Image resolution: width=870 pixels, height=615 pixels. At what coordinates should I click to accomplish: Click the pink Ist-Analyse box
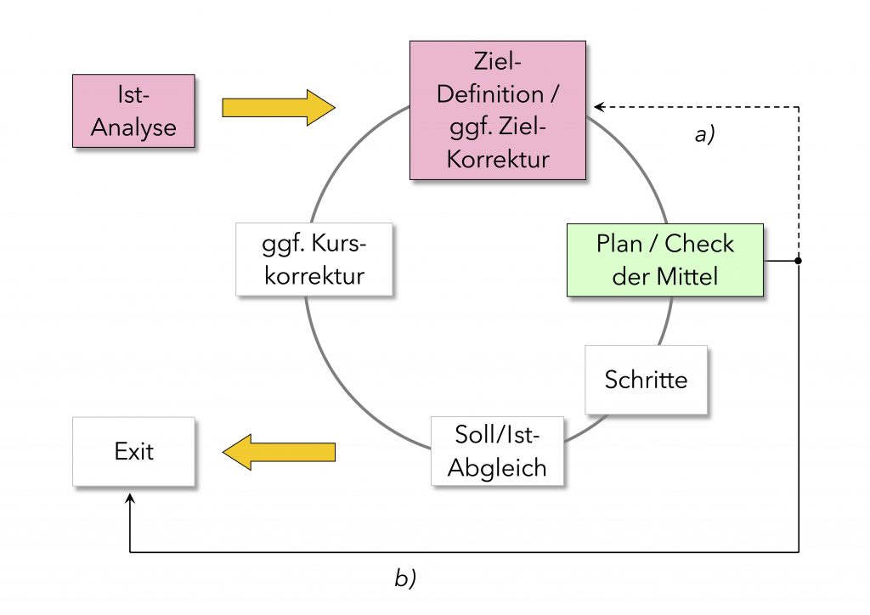tap(133, 110)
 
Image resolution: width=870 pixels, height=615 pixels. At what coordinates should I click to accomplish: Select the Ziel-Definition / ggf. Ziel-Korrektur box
tap(497, 110)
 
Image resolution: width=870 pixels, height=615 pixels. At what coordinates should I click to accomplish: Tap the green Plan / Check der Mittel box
tap(665, 260)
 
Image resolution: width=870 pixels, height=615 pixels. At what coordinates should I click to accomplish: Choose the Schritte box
tap(646, 379)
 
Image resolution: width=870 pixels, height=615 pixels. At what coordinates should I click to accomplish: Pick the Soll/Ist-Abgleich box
tap(497, 451)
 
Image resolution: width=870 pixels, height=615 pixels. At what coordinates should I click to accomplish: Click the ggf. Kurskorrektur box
tap(314, 259)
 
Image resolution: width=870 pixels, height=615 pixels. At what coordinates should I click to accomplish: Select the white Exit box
tap(133, 451)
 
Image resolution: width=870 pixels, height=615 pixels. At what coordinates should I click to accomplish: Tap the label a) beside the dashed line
tap(704, 134)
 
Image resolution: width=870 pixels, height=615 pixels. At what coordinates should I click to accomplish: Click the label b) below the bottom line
tap(405, 579)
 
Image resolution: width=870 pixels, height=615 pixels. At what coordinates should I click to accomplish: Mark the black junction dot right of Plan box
tap(798, 261)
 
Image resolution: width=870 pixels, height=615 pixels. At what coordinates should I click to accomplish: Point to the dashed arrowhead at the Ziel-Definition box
tap(598, 107)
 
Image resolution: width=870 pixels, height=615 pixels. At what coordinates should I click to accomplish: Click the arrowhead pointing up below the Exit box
tap(129, 499)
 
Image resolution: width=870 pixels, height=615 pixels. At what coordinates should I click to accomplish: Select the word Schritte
tap(646, 379)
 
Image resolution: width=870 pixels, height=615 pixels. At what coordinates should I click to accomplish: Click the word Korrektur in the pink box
tap(498, 159)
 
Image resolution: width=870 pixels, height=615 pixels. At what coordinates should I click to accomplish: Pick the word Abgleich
tap(497, 467)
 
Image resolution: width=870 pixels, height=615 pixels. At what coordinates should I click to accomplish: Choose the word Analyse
tap(133, 127)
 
